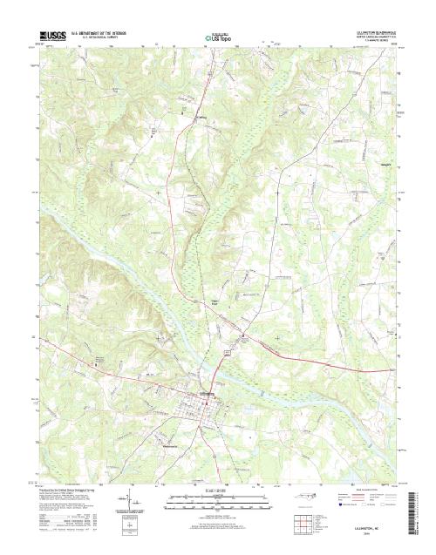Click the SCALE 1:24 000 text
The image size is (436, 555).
(205, 491)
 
